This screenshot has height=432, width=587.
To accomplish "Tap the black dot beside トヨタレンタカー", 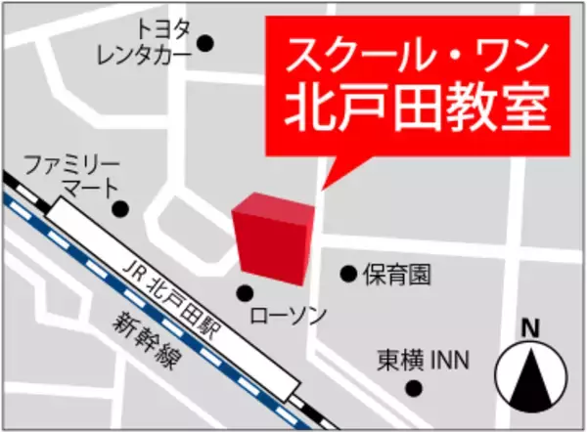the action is tap(205, 42).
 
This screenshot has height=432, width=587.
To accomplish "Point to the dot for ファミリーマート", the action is tap(120, 208).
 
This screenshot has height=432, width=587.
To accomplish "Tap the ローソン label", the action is tap(289, 316).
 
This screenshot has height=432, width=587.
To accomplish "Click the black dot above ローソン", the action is tap(246, 291).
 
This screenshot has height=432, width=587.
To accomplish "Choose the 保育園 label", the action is tap(396, 275).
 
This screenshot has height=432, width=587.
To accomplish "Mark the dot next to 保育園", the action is tap(348, 274).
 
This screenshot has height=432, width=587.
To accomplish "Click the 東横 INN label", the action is tap(423, 361).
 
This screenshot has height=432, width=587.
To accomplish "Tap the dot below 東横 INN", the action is tap(415, 389).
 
